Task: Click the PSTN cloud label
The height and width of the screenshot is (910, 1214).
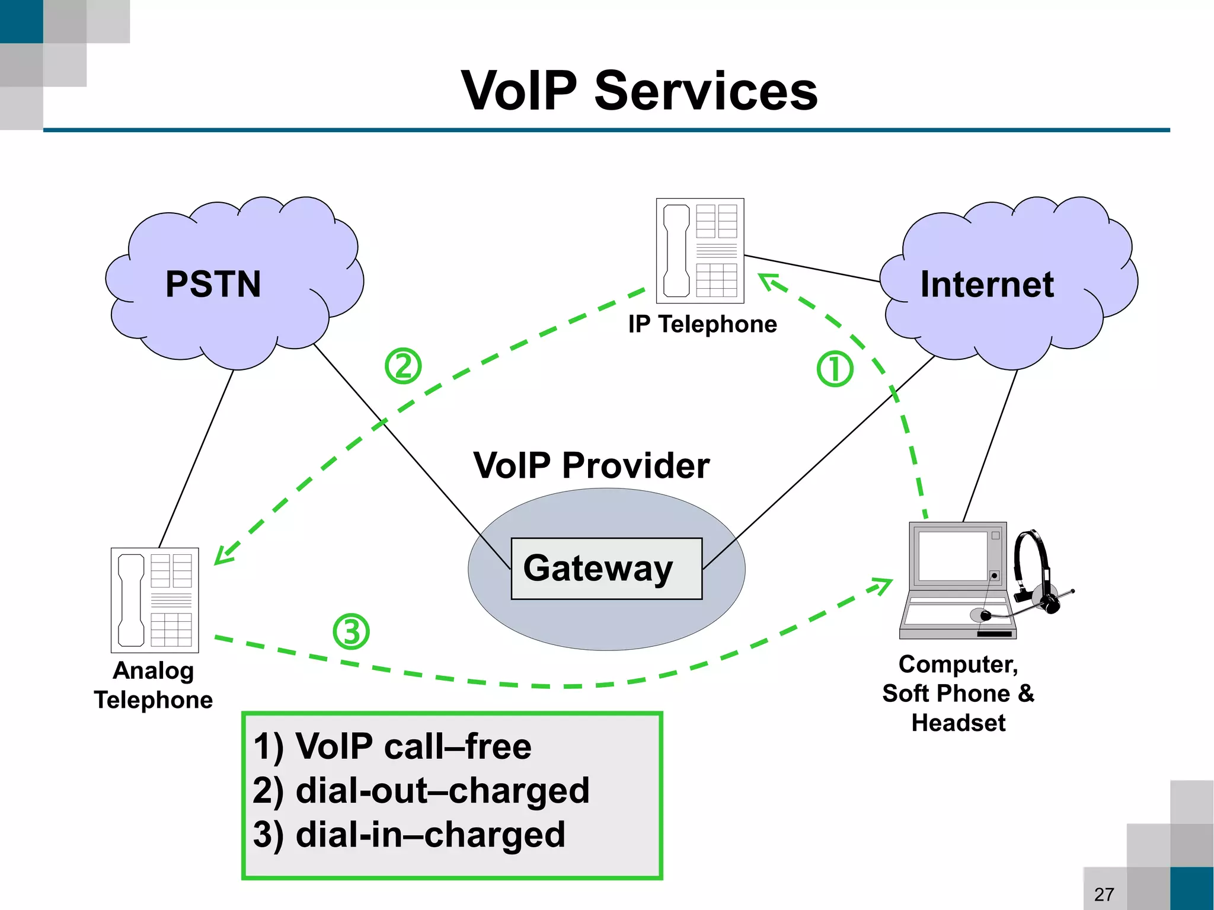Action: pos(213,284)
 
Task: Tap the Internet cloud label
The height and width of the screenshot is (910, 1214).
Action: pos(986,284)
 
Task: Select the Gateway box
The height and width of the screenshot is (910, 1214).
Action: pos(606,569)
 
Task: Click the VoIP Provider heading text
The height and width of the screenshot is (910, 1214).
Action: pos(591,465)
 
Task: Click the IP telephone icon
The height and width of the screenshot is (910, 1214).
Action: pos(699,251)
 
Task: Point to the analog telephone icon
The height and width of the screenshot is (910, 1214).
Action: pos(155,600)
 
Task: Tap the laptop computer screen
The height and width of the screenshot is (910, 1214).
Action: pos(953,555)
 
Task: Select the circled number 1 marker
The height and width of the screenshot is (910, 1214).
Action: pos(835,369)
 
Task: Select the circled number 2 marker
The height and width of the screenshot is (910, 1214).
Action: pos(403,366)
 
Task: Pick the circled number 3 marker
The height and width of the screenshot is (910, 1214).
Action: pos(351,631)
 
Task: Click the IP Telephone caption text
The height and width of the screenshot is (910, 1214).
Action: pos(702,324)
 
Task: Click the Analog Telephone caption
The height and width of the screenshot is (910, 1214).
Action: pos(154,685)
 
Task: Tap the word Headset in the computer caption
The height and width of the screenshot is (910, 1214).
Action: pos(958,723)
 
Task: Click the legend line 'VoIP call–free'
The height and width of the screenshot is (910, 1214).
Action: pos(392,746)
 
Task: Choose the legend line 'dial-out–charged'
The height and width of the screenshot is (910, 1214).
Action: pos(421,790)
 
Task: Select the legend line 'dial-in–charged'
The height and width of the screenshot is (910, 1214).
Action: pos(409,834)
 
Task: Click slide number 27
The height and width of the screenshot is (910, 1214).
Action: pos(1104,894)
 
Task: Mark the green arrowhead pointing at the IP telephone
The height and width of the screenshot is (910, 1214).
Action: pos(769,281)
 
